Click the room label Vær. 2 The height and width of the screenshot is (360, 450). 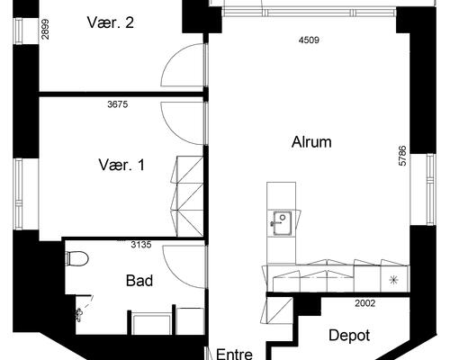(x=111, y=22)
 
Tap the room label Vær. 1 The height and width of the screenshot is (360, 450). (x=121, y=165)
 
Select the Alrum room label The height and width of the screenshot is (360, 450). (x=311, y=142)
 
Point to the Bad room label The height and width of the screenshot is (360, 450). (x=139, y=281)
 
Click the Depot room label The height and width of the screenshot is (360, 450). (x=349, y=336)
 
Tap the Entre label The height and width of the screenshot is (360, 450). (x=234, y=354)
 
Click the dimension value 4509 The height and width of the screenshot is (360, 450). (x=309, y=40)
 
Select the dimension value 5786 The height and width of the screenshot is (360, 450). (x=402, y=156)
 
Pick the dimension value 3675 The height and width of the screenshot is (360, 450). (x=118, y=104)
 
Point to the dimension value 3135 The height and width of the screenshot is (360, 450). (x=141, y=245)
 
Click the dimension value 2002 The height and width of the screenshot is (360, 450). (x=365, y=303)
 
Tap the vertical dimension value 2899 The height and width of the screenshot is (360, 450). (x=46, y=30)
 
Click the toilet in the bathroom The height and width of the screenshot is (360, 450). (x=77, y=258)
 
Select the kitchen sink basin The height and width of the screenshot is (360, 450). (x=282, y=222)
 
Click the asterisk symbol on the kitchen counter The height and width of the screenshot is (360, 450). (x=393, y=280)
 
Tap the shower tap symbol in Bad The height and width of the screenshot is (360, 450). (x=79, y=315)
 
